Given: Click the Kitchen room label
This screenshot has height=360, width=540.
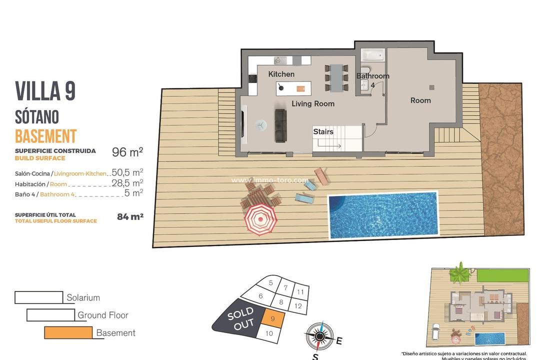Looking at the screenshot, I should [x=281, y=74].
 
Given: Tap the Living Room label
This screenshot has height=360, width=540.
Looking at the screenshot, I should [x=313, y=103].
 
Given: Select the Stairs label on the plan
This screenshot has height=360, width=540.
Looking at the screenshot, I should [x=323, y=132].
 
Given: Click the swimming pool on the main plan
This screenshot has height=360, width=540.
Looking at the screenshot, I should [x=382, y=214].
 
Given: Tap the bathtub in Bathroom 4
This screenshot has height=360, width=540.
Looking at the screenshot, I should [x=372, y=54].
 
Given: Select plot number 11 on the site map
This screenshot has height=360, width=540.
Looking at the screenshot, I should [x=300, y=291].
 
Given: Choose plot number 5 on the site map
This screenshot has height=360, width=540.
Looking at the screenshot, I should [x=270, y=283].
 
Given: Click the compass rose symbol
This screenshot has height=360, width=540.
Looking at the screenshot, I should [x=319, y=336].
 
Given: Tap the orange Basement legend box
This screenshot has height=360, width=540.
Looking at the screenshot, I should [x=68, y=332].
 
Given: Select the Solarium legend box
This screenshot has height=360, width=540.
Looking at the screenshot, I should [x=38, y=297].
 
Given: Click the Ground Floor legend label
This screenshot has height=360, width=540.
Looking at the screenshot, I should [x=103, y=315].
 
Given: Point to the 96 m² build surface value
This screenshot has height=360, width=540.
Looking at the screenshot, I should [x=127, y=152].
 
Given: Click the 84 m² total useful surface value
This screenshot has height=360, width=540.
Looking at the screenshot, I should [x=130, y=217].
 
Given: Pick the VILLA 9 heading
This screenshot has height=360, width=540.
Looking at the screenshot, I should [x=45, y=91].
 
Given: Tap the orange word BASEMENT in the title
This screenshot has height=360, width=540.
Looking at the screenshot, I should [x=45, y=136].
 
